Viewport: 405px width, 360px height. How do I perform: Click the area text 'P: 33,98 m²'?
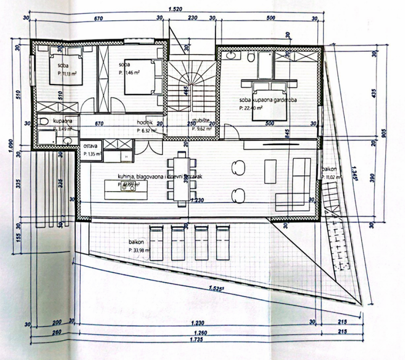tap(141, 249)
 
